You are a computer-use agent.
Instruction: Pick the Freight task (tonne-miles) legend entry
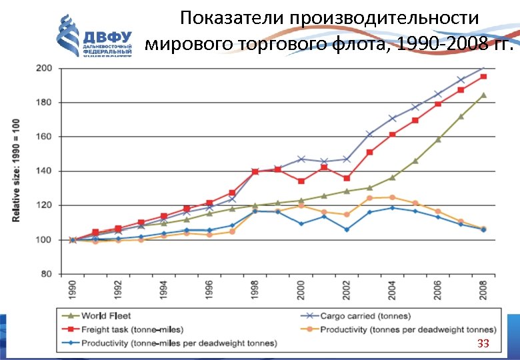(x=124, y=329)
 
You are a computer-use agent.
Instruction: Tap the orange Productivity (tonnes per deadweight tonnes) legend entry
(x=407, y=329)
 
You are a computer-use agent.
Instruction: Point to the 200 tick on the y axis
(x=44, y=68)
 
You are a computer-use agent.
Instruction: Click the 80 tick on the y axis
(x=46, y=274)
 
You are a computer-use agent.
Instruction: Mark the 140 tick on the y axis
(x=44, y=171)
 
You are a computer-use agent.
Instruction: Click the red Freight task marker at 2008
(x=483, y=77)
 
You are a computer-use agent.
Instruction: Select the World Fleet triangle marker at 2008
(x=483, y=95)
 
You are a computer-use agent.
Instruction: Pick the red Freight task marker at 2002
(x=347, y=178)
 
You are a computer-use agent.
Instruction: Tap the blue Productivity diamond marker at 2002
(x=347, y=229)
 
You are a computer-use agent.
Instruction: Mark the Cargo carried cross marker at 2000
(x=301, y=159)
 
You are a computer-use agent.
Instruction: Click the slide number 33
(x=483, y=343)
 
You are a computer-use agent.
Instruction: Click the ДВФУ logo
(x=93, y=37)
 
